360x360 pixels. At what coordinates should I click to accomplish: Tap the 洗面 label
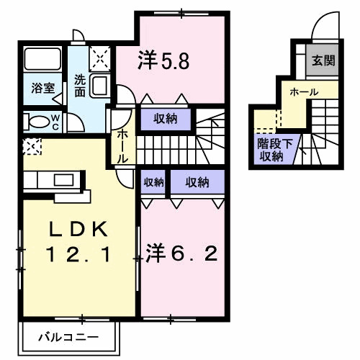click(80, 86)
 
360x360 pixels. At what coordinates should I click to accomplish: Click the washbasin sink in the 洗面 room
click(101, 86)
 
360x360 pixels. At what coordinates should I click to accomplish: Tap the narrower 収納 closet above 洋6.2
click(153, 182)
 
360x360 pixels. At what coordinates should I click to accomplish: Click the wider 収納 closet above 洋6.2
click(197, 182)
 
